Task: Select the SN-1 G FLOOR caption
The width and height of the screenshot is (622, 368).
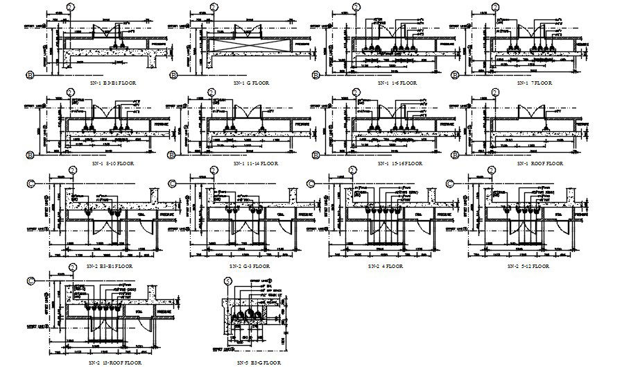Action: click(x=250, y=82)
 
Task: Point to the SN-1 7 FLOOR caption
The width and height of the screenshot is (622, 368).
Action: click(x=534, y=83)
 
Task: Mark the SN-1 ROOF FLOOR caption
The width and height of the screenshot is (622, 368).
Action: click(x=539, y=163)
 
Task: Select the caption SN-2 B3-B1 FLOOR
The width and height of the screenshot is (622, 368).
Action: click(x=110, y=265)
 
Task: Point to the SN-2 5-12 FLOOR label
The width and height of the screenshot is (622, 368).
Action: click(x=528, y=265)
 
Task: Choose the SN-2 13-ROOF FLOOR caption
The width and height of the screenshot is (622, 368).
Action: click(x=115, y=362)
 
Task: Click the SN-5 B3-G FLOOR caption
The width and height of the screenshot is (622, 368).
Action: click(x=258, y=362)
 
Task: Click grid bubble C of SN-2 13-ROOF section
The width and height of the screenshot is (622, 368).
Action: click(x=30, y=281)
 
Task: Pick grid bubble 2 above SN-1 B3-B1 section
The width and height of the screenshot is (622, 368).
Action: click(x=69, y=8)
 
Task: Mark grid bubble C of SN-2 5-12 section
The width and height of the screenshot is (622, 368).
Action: click(x=450, y=183)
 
